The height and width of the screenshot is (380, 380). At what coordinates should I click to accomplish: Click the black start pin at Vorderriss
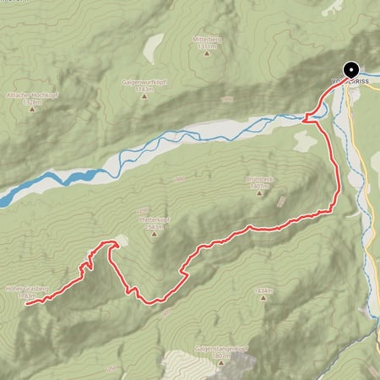[x=350, y=70]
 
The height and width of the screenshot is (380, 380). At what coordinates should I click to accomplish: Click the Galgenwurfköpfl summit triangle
[x=143, y=95]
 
